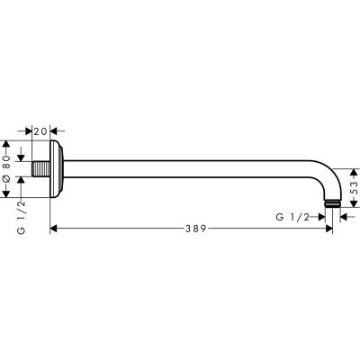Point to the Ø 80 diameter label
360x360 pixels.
coord(6,163)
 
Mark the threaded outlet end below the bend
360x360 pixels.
coord(334,207)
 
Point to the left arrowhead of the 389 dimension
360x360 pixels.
coord(55,229)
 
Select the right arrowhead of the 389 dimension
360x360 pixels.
coord(328,229)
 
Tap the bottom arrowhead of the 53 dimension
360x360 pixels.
coord(353,206)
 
